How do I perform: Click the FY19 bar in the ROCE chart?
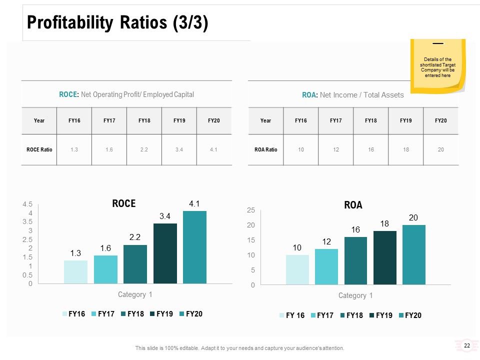pyautogui.click(x=165, y=253)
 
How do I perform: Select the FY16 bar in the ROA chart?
pyautogui.click(x=297, y=269)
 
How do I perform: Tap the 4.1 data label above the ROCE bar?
pyautogui.click(x=194, y=204)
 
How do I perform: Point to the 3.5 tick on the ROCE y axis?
pyautogui.click(x=27, y=221)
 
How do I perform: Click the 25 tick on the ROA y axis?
pyautogui.click(x=250, y=210)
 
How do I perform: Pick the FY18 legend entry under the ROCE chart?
pyautogui.click(x=132, y=314)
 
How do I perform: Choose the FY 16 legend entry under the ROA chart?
pyautogui.click(x=292, y=315)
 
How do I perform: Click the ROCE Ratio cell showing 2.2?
pyautogui.click(x=144, y=149)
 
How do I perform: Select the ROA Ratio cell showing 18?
pyautogui.click(x=406, y=149)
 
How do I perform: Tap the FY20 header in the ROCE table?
pyautogui.click(x=214, y=120)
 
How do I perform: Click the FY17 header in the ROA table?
pyautogui.click(x=336, y=120)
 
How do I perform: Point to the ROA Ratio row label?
pyautogui.click(x=265, y=149)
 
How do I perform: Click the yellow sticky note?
pyautogui.click(x=438, y=66)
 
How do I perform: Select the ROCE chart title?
pyautogui.click(x=124, y=203)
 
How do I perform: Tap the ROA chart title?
pyautogui.click(x=353, y=205)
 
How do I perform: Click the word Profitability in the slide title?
pyautogui.click(x=70, y=22)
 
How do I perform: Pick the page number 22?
pyautogui.click(x=467, y=345)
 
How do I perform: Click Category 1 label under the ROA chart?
pyautogui.click(x=355, y=295)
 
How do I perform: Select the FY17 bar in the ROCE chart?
pyautogui.click(x=105, y=269)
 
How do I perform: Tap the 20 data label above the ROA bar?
pyautogui.click(x=413, y=217)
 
